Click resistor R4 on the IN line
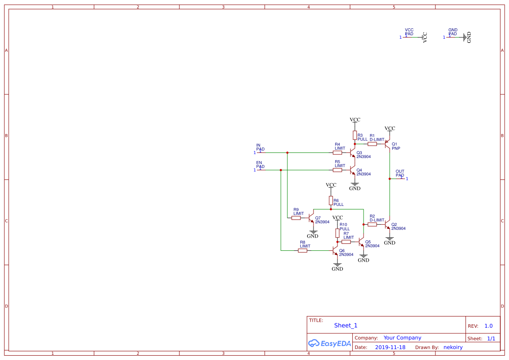click(337, 153)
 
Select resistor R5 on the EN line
click(337, 170)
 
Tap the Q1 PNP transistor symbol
click(388, 145)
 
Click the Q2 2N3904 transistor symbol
click(388, 225)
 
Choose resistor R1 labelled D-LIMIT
click(372, 144)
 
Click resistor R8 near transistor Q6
click(303, 250)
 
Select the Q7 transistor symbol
click(311, 217)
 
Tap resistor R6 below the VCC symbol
click(331, 200)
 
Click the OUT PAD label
click(400, 173)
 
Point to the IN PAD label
click(260, 147)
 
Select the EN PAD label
click(260, 165)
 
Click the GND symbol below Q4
click(355, 186)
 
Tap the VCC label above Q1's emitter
click(390, 128)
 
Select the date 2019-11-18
click(390, 347)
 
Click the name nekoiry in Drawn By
click(453, 347)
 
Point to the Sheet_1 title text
click(346, 325)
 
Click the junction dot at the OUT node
click(390, 178)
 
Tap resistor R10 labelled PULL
click(337, 233)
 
